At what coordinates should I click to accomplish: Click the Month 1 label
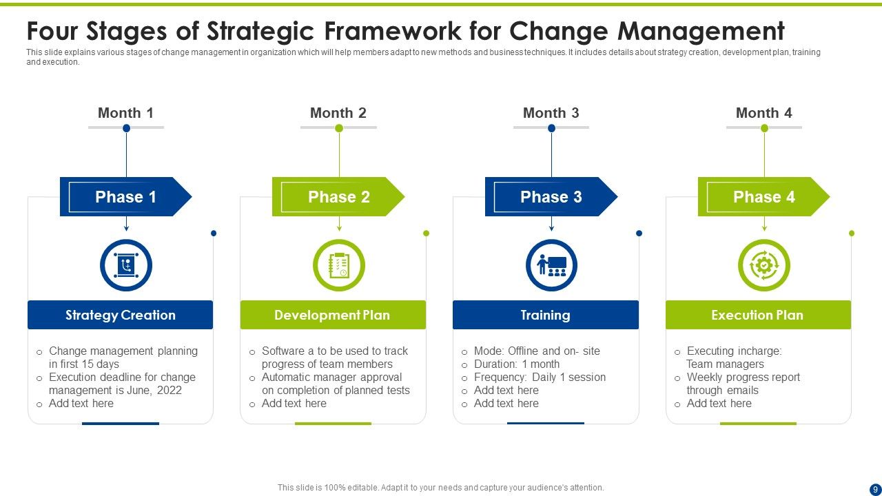click(x=125, y=113)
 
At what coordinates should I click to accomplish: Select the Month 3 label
click(x=551, y=113)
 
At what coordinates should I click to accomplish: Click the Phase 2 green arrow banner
click(x=338, y=197)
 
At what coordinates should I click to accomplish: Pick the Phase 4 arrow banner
click(x=763, y=197)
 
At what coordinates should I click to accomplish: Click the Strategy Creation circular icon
click(x=125, y=265)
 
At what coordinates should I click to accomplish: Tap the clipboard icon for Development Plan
click(x=338, y=265)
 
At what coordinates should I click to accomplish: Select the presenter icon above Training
click(x=551, y=265)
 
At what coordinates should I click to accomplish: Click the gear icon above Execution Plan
click(x=763, y=265)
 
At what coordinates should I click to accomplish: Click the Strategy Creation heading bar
click(x=121, y=315)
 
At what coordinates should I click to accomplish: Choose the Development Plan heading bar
click(x=333, y=315)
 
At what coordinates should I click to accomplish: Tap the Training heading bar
click(x=545, y=315)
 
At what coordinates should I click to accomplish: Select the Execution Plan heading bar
click(x=758, y=315)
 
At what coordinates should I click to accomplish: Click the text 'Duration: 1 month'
click(x=517, y=364)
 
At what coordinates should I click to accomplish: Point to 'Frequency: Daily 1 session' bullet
click(x=540, y=377)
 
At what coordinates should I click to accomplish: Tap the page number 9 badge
click(x=874, y=488)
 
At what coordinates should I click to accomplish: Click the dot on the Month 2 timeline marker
click(x=338, y=128)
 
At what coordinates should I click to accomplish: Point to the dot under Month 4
click(x=764, y=128)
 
